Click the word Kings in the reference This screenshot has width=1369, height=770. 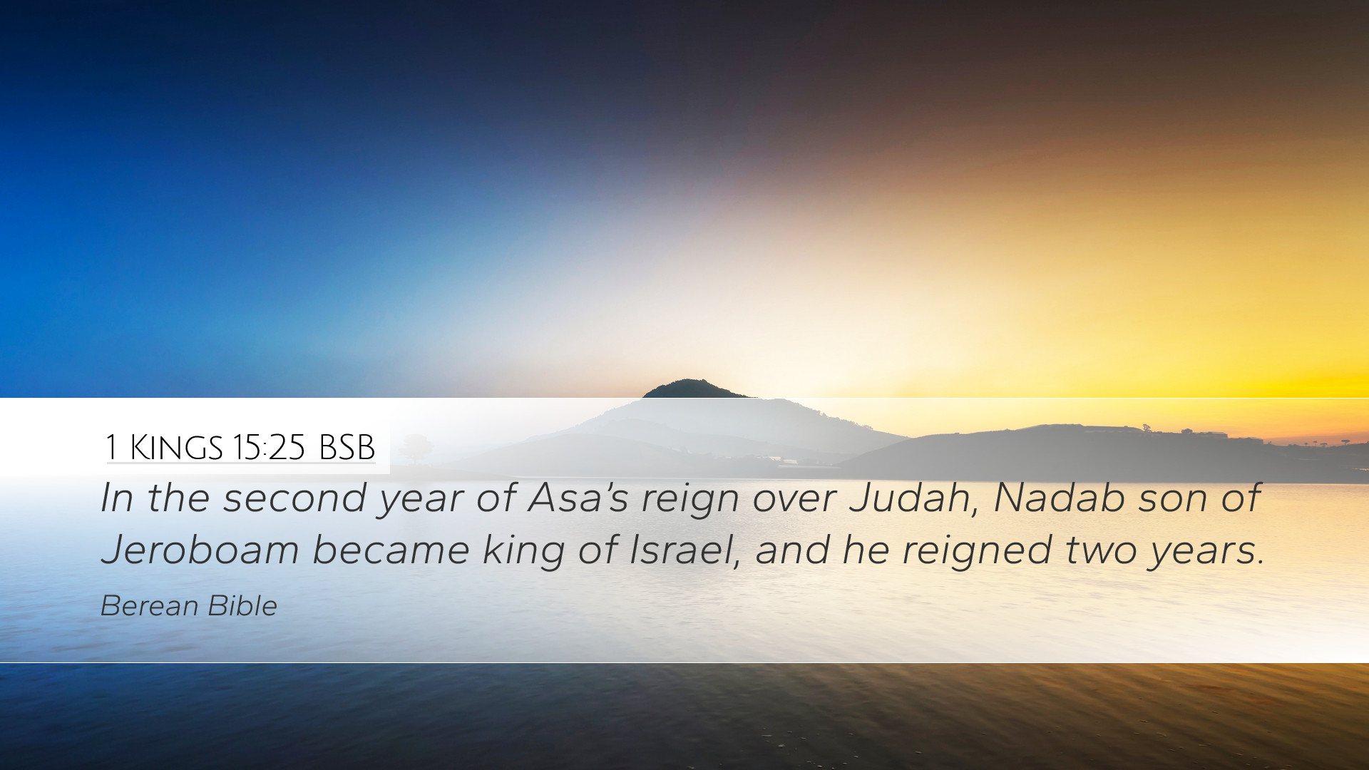[x=176, y=448]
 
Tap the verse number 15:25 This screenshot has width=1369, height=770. [x=269, y=448]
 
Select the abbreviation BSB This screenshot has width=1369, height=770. [x=347, y=448]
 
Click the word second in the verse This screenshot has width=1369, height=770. [x=295, y=498]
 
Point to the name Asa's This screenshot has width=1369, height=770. [x=578, y=498]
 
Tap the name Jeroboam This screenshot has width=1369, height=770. [x=200, y=550]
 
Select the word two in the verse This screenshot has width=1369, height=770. [x=1101, y=551]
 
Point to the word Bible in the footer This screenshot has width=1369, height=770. [x=242, y=606]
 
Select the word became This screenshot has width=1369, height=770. [x=391, y=550]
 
